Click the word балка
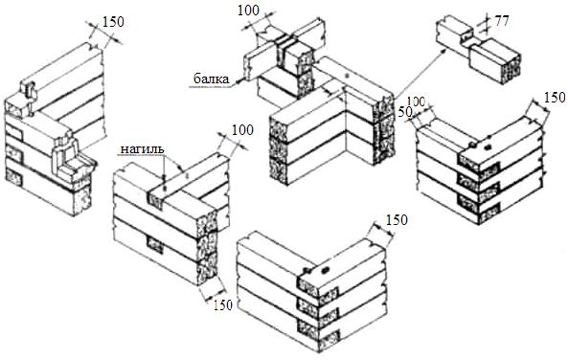(x=212, y=79)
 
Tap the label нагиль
(x=142, y=149)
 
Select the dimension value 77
(x=502, y=21)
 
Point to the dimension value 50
(x=404, y=112)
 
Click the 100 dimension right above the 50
(x=417, y=101)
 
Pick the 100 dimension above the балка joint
(x=248, y=11)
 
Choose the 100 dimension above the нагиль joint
(x=242, y=130)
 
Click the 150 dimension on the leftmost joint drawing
(x=113, y=22)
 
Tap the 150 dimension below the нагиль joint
(x=222, y=305)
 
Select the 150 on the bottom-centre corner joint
(x=397, y=220)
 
